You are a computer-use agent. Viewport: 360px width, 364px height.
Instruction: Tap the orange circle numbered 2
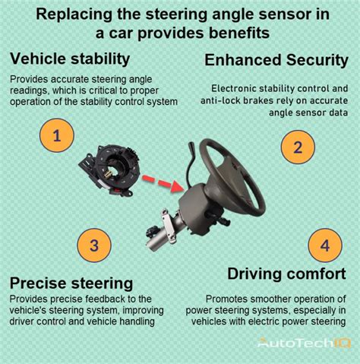tap(297, 147)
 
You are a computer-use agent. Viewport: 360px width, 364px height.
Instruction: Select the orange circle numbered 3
tap(93, 245)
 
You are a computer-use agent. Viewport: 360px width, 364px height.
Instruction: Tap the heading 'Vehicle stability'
tap(70, 59)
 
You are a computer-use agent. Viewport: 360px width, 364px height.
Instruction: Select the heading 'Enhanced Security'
tap(276, 59)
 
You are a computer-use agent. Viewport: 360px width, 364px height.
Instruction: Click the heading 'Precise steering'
tap(73, 283)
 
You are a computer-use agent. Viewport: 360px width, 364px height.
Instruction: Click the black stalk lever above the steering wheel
tap(198, 151)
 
